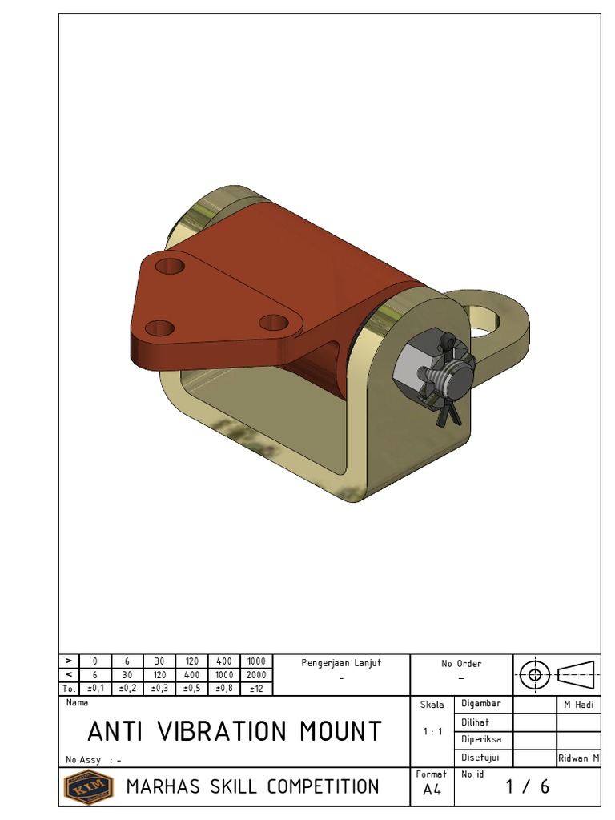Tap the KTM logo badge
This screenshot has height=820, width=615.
point(88,786)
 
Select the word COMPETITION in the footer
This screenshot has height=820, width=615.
point(323,786)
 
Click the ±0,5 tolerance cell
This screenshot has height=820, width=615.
point(191,689)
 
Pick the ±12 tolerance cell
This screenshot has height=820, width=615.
point(256,689)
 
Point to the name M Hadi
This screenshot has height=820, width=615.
point(577,705)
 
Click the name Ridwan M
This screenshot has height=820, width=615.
point(578,758)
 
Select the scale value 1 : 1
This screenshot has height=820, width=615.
point(433,731)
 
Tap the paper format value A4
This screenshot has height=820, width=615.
point(432,790)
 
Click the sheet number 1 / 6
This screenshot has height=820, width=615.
point(528,786)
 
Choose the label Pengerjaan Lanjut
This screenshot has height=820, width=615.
point(341,663)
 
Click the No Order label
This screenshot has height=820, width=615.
point(461,664)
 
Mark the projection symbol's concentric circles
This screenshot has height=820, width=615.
point(534,674)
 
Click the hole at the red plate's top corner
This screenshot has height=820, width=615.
point(170,266)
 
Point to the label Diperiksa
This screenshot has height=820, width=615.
point(481,740)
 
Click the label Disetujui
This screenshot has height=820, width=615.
point(480,758)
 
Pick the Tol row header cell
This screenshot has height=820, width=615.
point(69,689)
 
